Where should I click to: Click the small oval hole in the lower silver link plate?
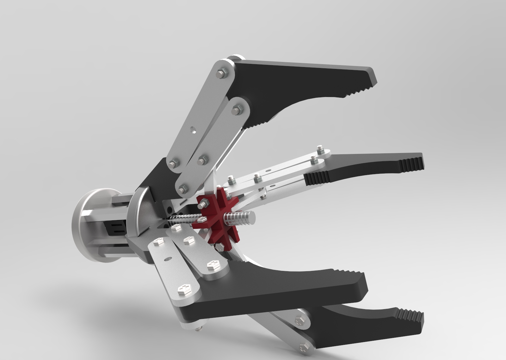[166, 259]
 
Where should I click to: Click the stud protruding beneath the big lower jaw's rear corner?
[198, 329]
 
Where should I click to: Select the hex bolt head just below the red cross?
[219, 246]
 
